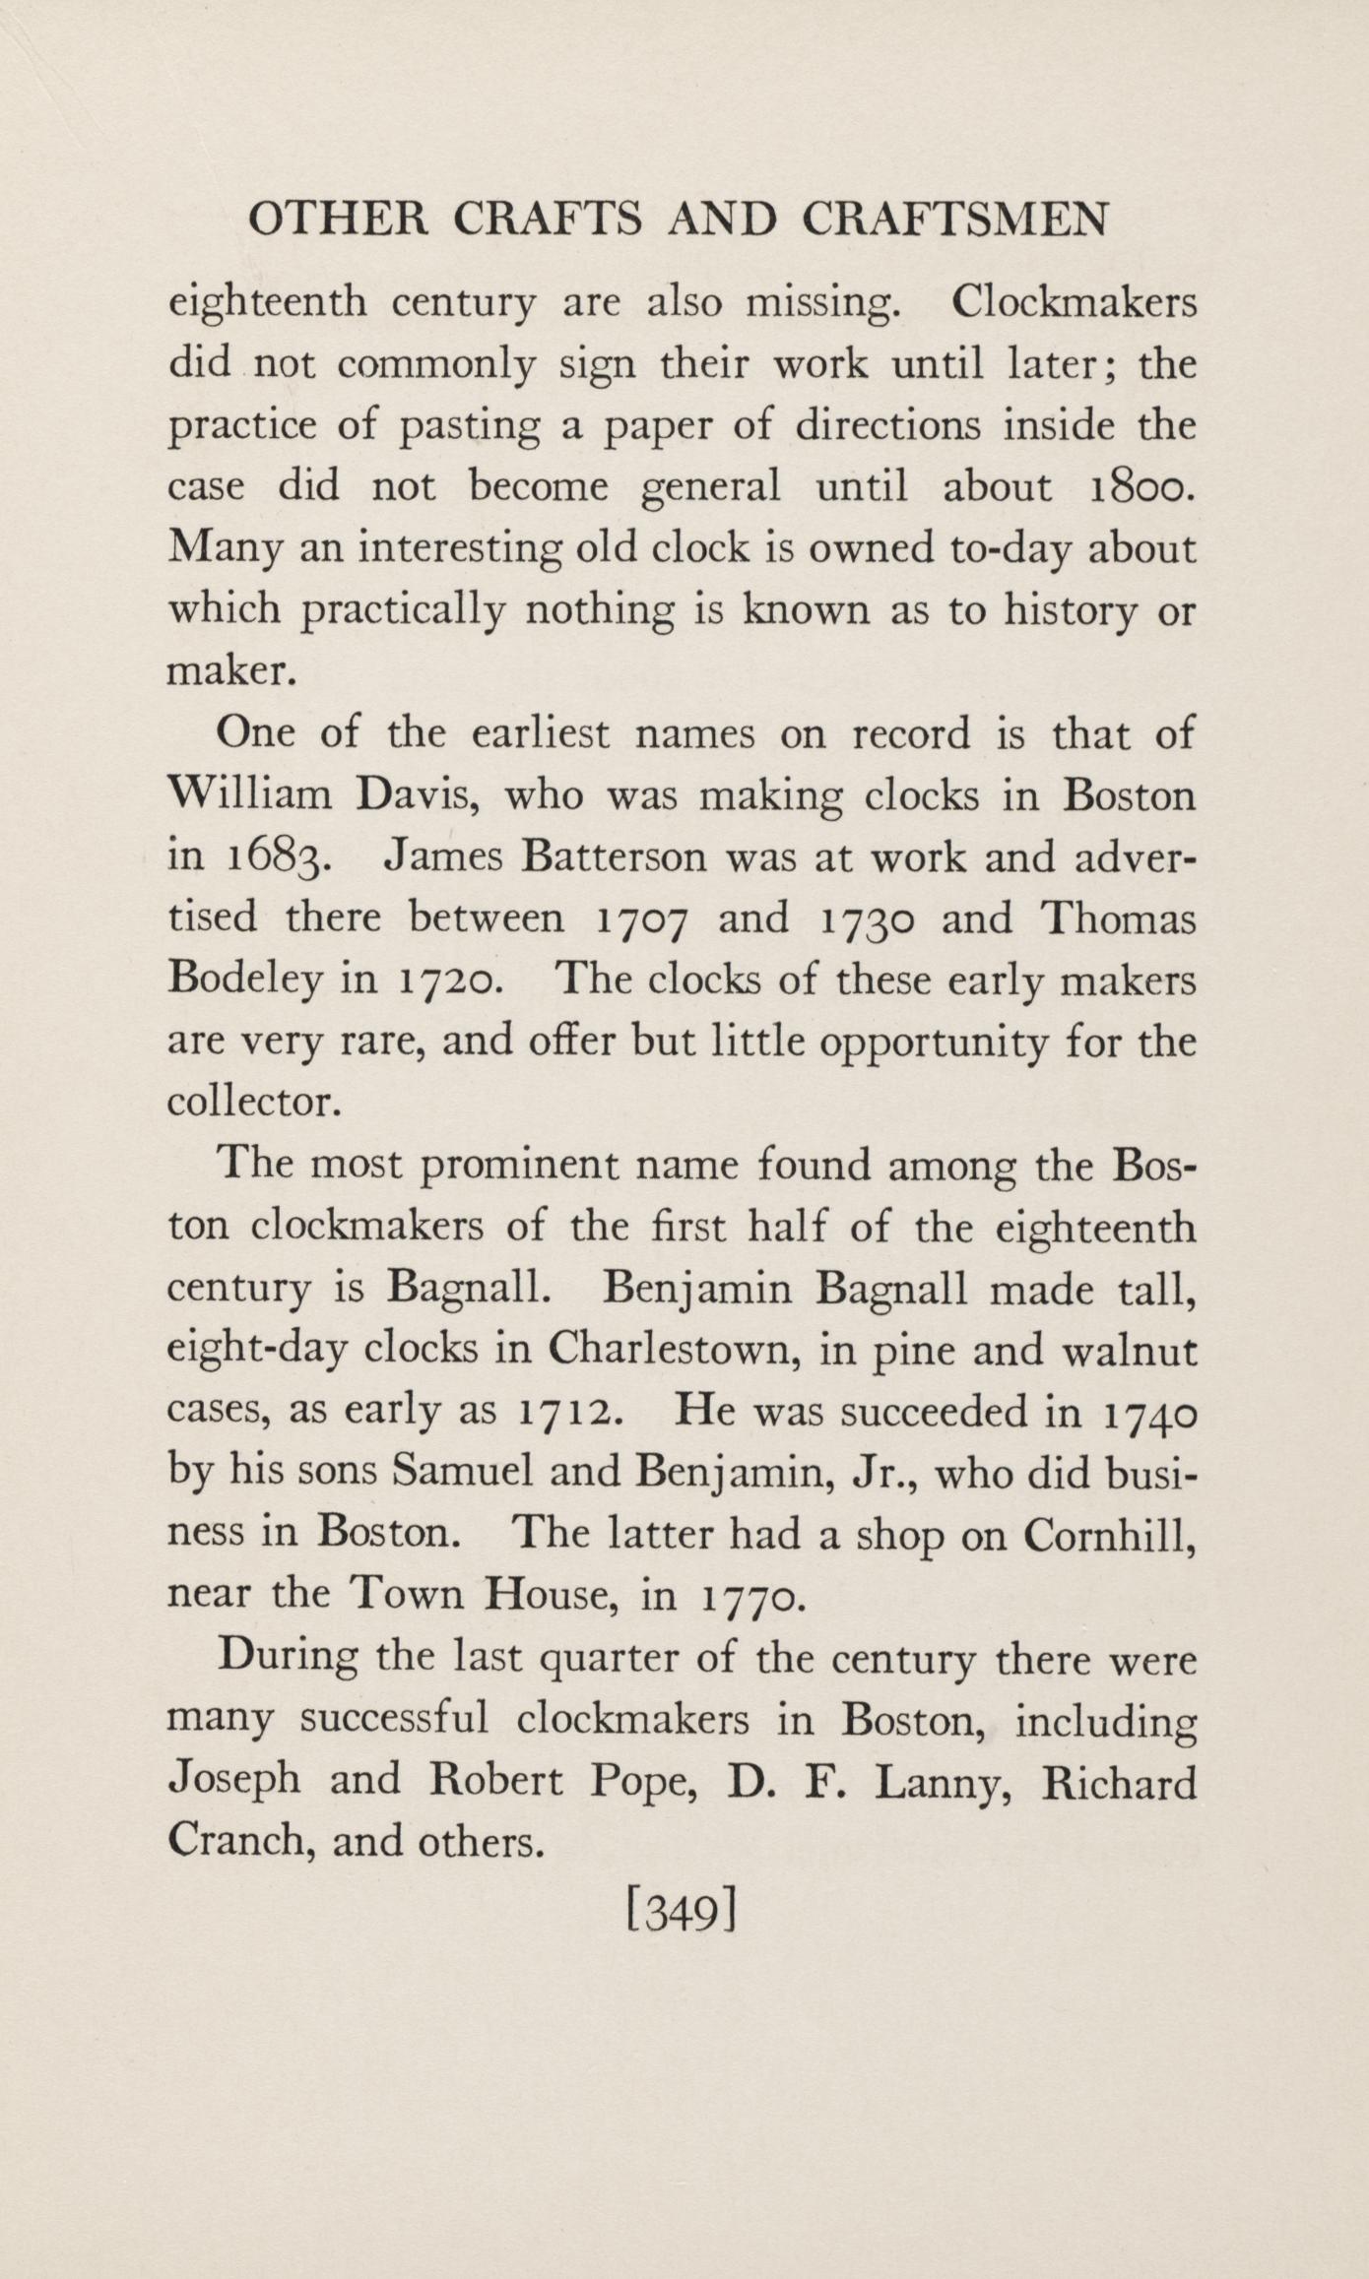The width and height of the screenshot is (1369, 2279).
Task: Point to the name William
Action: coord(251,795)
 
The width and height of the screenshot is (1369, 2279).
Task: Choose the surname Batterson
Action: coord(614,855)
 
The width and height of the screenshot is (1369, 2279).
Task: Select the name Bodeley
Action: coord(245,981)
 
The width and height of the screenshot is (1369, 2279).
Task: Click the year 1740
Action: coord(1149,1413)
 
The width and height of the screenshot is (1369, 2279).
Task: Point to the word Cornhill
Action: coord(1109,1534)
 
